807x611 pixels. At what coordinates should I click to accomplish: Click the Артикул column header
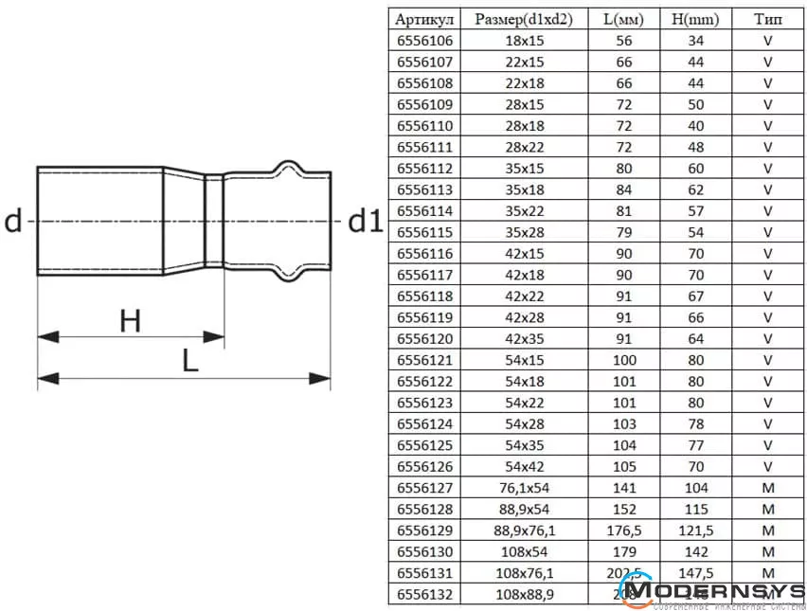point(425,19)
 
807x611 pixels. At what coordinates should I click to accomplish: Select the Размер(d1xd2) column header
point(524,19)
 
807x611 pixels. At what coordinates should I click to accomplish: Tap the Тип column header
point(768,19)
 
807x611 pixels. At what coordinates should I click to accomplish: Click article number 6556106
point(425,41)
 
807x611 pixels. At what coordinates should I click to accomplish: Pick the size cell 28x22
point(524,147)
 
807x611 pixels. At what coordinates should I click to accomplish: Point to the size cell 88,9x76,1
point(524,530)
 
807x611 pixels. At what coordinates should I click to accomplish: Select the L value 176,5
point(623,530)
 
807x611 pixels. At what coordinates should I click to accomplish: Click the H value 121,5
point(695,530)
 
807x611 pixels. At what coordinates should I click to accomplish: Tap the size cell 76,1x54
point(524,488)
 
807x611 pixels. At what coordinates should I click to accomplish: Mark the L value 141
point(623,488)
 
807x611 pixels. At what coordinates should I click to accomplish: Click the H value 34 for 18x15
point(695,41)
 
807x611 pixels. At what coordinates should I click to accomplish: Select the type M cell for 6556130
point(768,551)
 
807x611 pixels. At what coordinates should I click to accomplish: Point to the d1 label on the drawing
point(366,222)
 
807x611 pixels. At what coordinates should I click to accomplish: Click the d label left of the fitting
point(13,222)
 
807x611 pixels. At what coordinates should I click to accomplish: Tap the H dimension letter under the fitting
point(130,322)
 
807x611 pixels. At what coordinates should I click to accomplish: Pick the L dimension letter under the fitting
point(190,362)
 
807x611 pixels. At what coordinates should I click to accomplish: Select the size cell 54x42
point(524,466)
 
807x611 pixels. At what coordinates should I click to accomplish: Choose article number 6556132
point(425,594)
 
